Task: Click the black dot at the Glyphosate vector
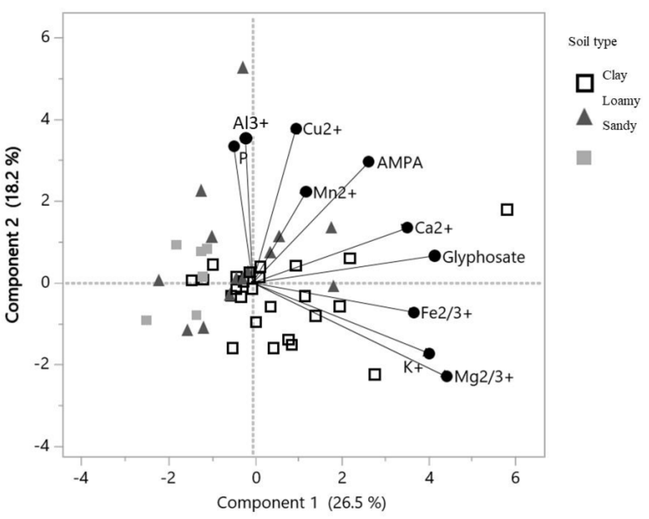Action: (x=435, y=256)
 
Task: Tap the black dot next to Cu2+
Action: (x=296, y=129)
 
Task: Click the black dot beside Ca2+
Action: (x=407, y=227)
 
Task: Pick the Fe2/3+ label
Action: (x=446, y=313)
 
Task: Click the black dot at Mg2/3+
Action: (x=447, y=376)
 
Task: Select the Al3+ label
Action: (x=251, y=124)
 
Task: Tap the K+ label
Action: (x=413, y=367)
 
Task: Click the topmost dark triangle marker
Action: (x=243, y=69)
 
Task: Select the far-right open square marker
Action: (x=507, y=209)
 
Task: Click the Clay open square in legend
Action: (x=585, y=83)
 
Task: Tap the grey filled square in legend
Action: (x=584, y=158)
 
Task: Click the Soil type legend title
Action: (x=592, y=42)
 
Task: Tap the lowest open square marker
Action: (x=375, y=375)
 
